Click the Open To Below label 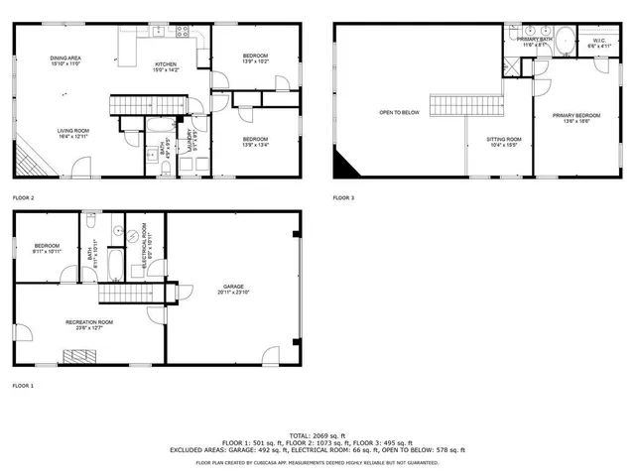click(400, 112)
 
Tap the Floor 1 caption click(23, 386)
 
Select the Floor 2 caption click(23, 197)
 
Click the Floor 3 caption click(343, 197)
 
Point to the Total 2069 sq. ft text click(317, 435)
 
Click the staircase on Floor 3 click(467, 104)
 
